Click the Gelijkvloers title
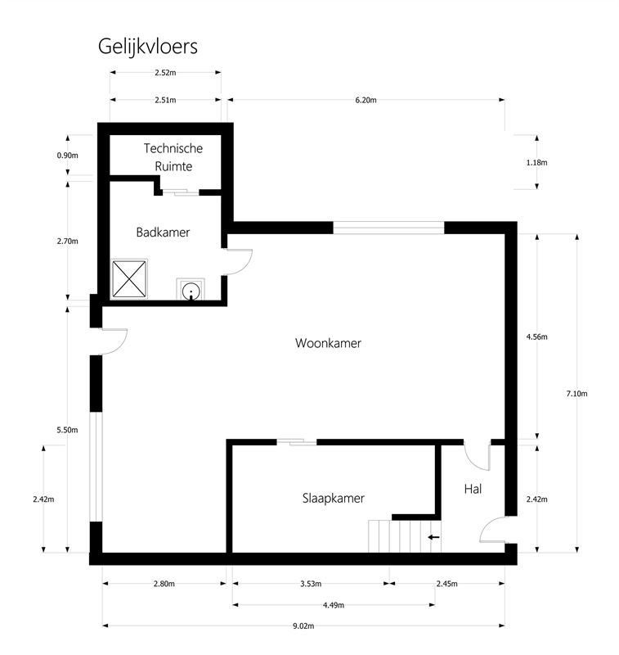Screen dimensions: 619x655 (x=148, y=47)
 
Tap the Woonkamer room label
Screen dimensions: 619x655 (x=328, y=343)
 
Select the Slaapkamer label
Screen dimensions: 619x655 (x=334, y=498)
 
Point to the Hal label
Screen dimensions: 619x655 (x=473, y=489)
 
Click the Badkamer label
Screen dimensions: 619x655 (x=163, y=233)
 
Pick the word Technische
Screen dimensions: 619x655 (x=173, y=148)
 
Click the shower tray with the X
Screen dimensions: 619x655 (x=129, y=279)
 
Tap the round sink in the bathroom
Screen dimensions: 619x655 (x=191, y=290)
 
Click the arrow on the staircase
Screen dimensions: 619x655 (x=434, y=537)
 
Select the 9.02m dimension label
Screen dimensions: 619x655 (x=303, y=626)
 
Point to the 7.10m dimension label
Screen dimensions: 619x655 (x=576, y=394)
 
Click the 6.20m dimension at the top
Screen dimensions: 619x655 (x=366, y=100)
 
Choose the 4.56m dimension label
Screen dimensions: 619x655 (x=536, y=337)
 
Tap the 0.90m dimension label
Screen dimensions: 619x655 (x=68, y=156)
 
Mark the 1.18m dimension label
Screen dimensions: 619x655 (x=536, y=162)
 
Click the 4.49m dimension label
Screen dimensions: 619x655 (x=334, y=605)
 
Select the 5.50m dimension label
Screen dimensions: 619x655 (x=67, y=430)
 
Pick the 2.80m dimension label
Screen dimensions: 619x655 (x=164, y=584)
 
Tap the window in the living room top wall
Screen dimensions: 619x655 (x=388, y=228)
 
